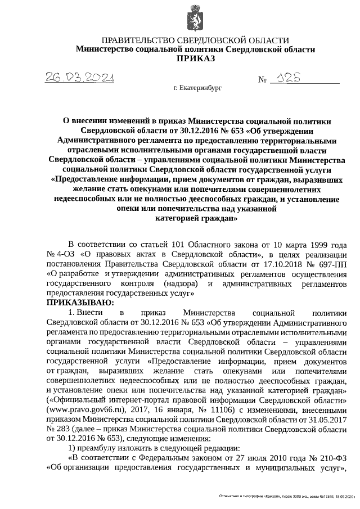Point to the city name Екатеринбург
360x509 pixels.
(201, 89)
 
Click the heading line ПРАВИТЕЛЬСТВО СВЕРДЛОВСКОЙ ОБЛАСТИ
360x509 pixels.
(195, 40)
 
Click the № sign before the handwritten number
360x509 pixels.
(262, 80)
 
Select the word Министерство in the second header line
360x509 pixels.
(102, 49)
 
